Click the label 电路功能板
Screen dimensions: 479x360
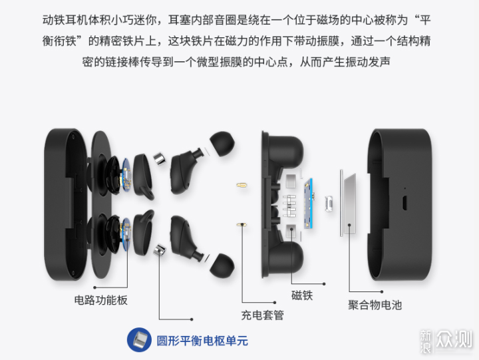pyautogui.click(x=101, y=300)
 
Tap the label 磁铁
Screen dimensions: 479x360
pyautogui.click(x=302, y=295)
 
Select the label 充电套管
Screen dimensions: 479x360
pyautogui.click(x=262, y=315)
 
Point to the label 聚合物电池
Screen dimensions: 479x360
pyautogui.click(x=375, y=305)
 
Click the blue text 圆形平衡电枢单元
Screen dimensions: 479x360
pyautogui.click(x=202, y=341)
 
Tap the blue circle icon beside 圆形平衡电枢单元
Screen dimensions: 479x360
pyautogui.click(x=139, y=340)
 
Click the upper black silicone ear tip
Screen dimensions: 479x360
pyautogui.click(x=222, y=144)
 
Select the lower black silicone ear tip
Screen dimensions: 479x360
pyautogui.click(x=222, y=266)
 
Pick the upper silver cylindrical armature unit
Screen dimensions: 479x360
pyautogui.click(x=160, y=159)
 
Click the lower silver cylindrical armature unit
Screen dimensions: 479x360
pyautogui.click(x=160, y=250)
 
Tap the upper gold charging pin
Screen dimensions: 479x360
pyautogui.click(x=241, y=185)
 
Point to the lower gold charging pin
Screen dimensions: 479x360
pyautogui.click(x=241, y=225)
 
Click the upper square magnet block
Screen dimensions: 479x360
pyautogui.click(x=291, y=181)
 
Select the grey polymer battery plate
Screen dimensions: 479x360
pyautogui.click(x=350, y=204)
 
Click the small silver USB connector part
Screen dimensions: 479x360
pyautogui.click(x=329, y=204)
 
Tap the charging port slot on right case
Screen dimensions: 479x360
pyautogui.click(x=404, y=202)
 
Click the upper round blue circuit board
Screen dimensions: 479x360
pyautogui.click(x=126, y=174)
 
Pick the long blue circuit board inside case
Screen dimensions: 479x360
pyautogui.click(x=309, y=204)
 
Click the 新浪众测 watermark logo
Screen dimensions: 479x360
pyautogui.click(x=446, y=341)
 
